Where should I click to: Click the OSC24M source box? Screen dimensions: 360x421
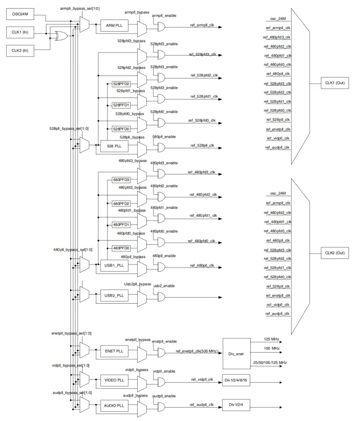[x=20, y=14]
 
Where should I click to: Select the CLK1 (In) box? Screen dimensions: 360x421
[x=20, y=32]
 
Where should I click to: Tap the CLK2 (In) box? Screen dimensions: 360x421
[x=20, y=50]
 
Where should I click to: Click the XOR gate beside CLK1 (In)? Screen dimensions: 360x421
[x=61, y=36]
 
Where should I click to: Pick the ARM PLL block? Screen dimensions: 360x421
[x=114, y=25]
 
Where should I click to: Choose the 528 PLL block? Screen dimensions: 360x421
[x=114, y=146]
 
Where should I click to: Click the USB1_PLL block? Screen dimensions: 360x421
[x=114, y=266]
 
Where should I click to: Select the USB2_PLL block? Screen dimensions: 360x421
[x=114, y=296]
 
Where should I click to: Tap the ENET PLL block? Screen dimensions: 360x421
[x=114, y=351]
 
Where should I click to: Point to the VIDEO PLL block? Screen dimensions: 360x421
[x=114, y=380]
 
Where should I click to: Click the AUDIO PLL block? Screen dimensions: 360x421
[x=114, y=406]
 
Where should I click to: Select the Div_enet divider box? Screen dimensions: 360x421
[x=237, y=354]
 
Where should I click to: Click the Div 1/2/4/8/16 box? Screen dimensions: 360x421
[x=236, y=380]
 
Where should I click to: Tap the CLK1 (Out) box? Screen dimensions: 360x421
[x=335, y=83]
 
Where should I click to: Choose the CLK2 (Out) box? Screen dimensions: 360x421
[x=335, y=253]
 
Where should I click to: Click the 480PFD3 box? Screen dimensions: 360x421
[x=121, y=180]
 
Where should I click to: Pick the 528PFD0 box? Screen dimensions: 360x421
[x=121, y=129]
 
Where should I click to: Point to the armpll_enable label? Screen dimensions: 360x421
[x=164, y=16]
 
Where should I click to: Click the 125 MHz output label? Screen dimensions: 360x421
[x=271, y=339]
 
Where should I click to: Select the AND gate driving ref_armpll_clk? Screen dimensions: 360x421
[x=161, y=27]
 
